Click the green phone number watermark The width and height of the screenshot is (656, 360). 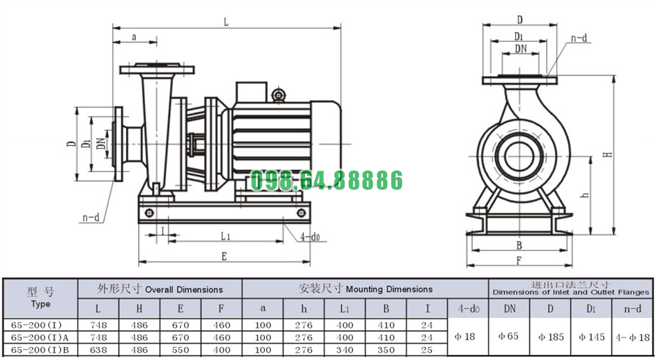click(326, 180)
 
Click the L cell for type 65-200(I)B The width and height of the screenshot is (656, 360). click(98, 350)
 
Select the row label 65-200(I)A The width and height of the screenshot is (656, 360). click(40, 338)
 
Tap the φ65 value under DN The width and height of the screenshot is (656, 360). click(508, 336)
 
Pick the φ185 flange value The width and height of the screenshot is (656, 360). click(551, 336)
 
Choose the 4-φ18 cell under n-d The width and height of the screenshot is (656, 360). click(632, 337)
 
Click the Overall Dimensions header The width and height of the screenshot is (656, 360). click(160, 289)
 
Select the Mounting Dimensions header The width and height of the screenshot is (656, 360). click(365, 289)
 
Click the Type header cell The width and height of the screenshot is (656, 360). click(41, 297)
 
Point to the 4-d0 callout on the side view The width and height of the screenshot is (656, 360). click(310, 237)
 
